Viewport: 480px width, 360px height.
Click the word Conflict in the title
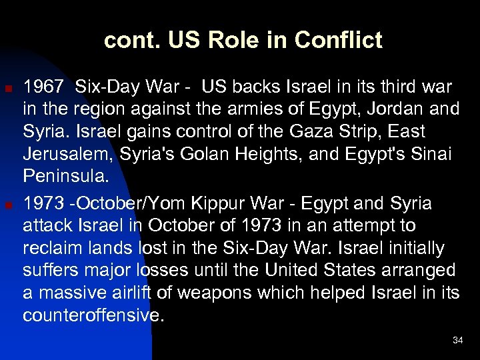pos(338,41)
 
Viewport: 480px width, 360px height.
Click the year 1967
pos(44,87)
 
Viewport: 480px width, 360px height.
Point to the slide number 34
pos(457,341)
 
